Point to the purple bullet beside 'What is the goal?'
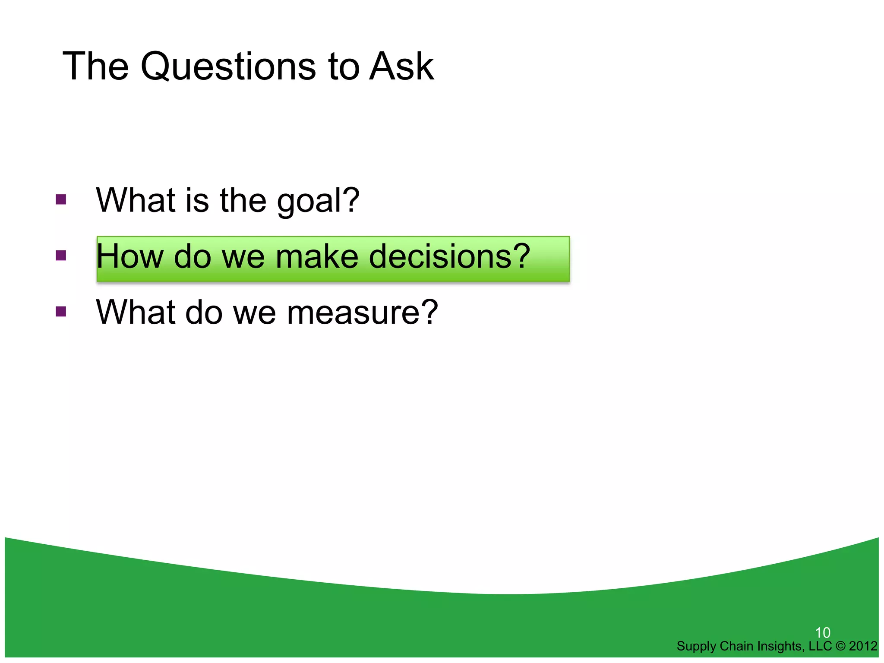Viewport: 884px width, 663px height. click(61, 199)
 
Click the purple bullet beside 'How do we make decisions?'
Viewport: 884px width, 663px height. click(61, 256)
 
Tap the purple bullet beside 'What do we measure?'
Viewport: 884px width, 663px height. click(61, 311)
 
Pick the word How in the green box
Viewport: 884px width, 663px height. click(129, 256)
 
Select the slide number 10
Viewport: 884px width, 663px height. click(823, 633)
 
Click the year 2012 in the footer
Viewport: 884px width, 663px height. click(863, 646)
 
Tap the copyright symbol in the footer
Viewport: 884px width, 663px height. click(840, 646)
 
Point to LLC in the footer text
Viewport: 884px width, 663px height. click(820, 646)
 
